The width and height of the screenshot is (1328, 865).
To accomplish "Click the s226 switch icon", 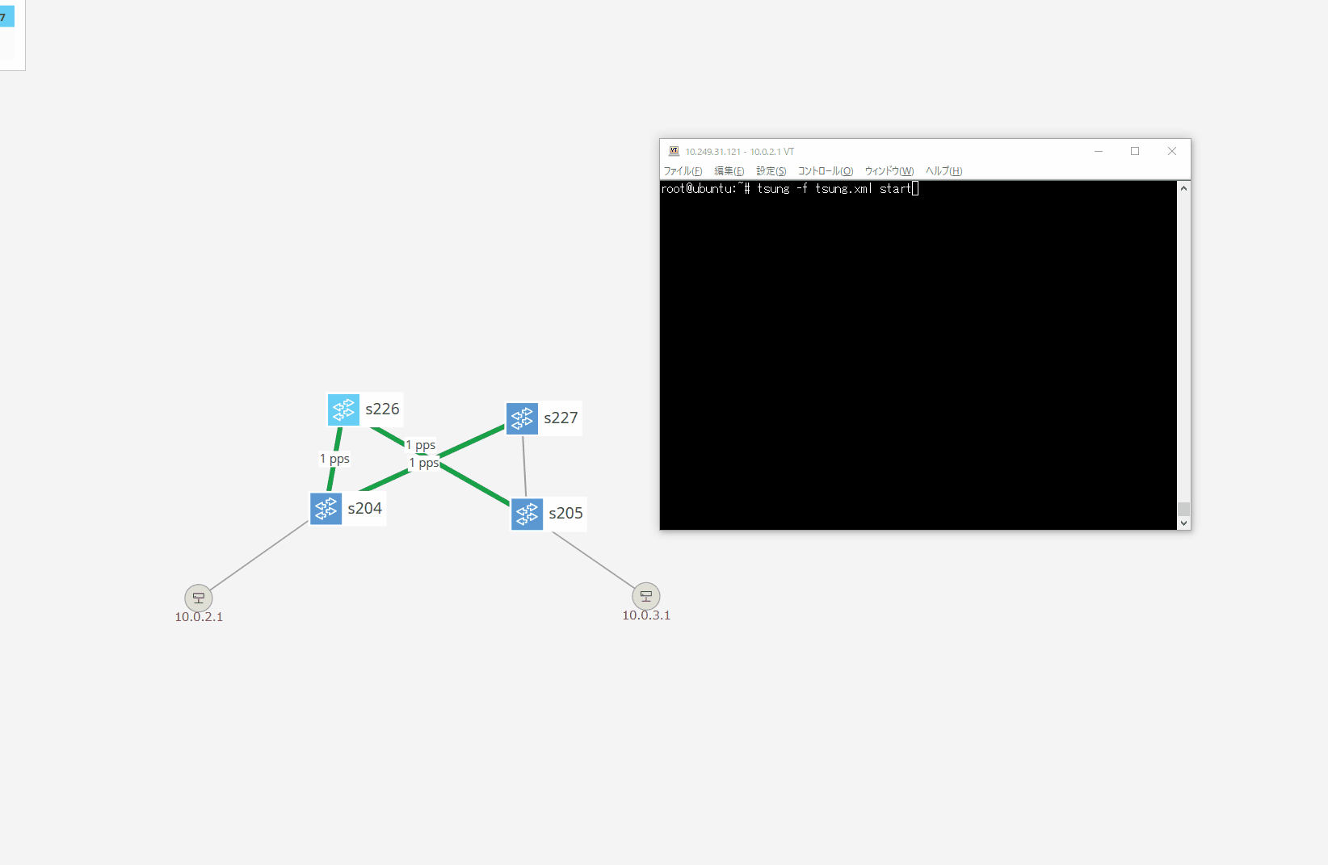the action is [343, 409].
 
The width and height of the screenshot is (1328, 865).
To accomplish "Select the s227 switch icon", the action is [522, 418].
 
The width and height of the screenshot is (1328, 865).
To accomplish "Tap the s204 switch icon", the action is [326, 509].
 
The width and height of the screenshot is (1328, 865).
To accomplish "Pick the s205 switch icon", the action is [527, 514].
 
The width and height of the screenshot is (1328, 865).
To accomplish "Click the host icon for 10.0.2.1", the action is [199, 598].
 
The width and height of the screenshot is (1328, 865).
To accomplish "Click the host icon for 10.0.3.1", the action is [646, 596].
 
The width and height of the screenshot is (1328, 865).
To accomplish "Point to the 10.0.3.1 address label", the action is [646, 615].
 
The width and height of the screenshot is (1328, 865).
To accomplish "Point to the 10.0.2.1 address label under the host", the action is [199, 617].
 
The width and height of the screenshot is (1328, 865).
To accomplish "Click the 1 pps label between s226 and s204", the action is [334, 459].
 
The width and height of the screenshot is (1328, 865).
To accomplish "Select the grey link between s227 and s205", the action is [524, 467].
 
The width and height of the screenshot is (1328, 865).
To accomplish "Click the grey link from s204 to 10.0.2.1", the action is [259, 556].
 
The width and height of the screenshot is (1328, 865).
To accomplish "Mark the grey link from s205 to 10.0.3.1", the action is [593, 561].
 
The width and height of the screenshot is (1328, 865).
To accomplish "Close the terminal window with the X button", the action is [1171, 151].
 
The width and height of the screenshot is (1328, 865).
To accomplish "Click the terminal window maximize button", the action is [1135, 151].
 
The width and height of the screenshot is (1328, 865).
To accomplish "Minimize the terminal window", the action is [1098, 151].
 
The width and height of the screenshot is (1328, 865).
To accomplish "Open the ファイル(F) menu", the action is [683, 170].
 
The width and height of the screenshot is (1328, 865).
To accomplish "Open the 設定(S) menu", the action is [771, 170].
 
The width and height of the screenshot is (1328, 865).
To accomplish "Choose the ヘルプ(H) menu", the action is [943, 170].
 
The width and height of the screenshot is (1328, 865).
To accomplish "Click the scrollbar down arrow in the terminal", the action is [1183, 523].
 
